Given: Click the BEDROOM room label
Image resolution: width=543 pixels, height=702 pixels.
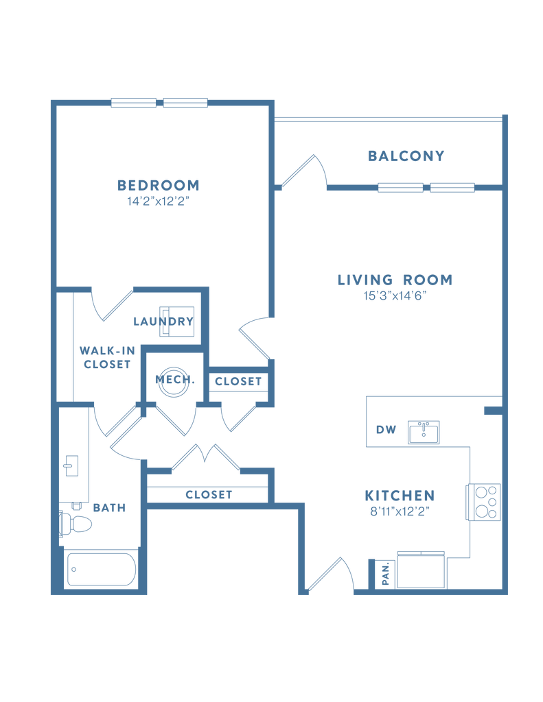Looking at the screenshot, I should coord(159,185).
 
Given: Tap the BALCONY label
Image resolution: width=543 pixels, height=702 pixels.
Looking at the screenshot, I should coord(406,156).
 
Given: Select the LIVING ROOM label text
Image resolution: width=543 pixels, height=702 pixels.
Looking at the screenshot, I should coord(395,280).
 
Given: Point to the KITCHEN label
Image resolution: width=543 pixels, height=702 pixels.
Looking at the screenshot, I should coord(400,496).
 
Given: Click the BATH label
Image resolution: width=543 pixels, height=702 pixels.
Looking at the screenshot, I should coord(109,508).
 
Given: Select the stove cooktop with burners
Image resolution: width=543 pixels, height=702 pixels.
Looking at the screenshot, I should coord(485,502).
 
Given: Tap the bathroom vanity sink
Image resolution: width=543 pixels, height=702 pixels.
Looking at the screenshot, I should coord(71,465).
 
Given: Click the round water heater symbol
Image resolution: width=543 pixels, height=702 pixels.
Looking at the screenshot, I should coord(172,381).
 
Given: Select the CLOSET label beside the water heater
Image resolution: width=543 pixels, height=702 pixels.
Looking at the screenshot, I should coord(238,382).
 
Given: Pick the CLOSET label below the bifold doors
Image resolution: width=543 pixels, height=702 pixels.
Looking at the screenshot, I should coord(209,494).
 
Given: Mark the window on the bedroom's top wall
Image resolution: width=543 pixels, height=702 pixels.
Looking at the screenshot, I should coord(160,103).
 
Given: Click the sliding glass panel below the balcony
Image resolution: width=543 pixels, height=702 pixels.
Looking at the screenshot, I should coord(426,187).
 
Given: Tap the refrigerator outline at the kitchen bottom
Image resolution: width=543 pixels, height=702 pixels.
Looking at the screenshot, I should coord(422,568).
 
